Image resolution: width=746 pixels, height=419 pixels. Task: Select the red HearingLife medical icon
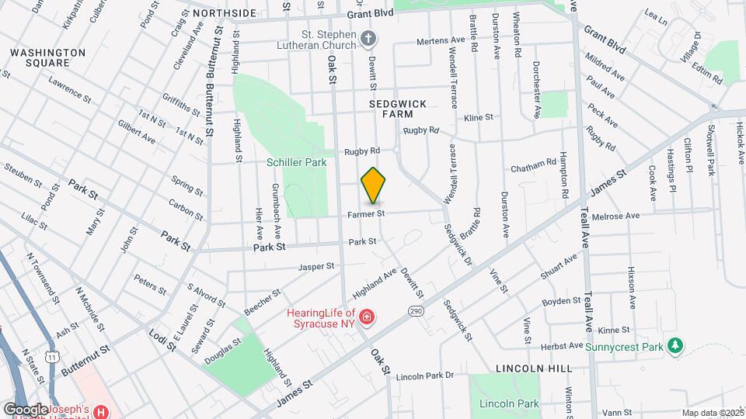[364, 317]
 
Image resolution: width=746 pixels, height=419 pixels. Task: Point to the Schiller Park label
[296, 162]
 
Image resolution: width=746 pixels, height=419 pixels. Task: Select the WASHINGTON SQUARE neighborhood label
[47, 57]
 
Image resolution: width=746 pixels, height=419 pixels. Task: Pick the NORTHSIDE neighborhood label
[225, 13]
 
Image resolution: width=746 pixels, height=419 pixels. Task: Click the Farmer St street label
[366, 213]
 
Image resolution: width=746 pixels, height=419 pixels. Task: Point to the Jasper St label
[316, 266]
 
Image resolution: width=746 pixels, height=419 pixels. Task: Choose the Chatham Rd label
[534, 166]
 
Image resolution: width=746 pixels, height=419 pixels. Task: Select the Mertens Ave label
[440, 40]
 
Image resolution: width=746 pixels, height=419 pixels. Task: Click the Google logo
[26, 409]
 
